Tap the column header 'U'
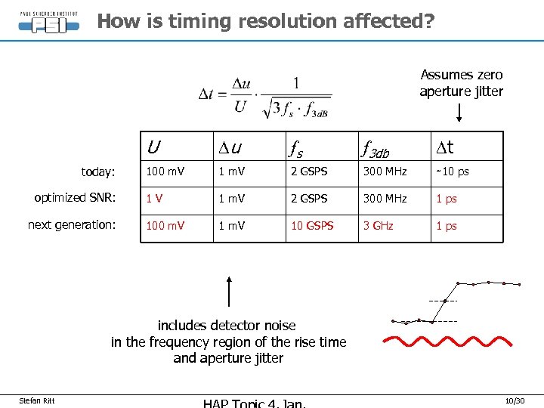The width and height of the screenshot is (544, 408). point(153,146)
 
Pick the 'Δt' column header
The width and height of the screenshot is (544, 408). point(445,146)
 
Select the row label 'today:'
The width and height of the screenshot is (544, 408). point(97,172)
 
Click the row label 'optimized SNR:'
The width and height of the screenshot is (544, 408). point(74,198)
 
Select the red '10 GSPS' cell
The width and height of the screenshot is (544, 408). point(312,226)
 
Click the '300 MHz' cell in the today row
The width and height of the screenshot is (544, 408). point(385,172)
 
